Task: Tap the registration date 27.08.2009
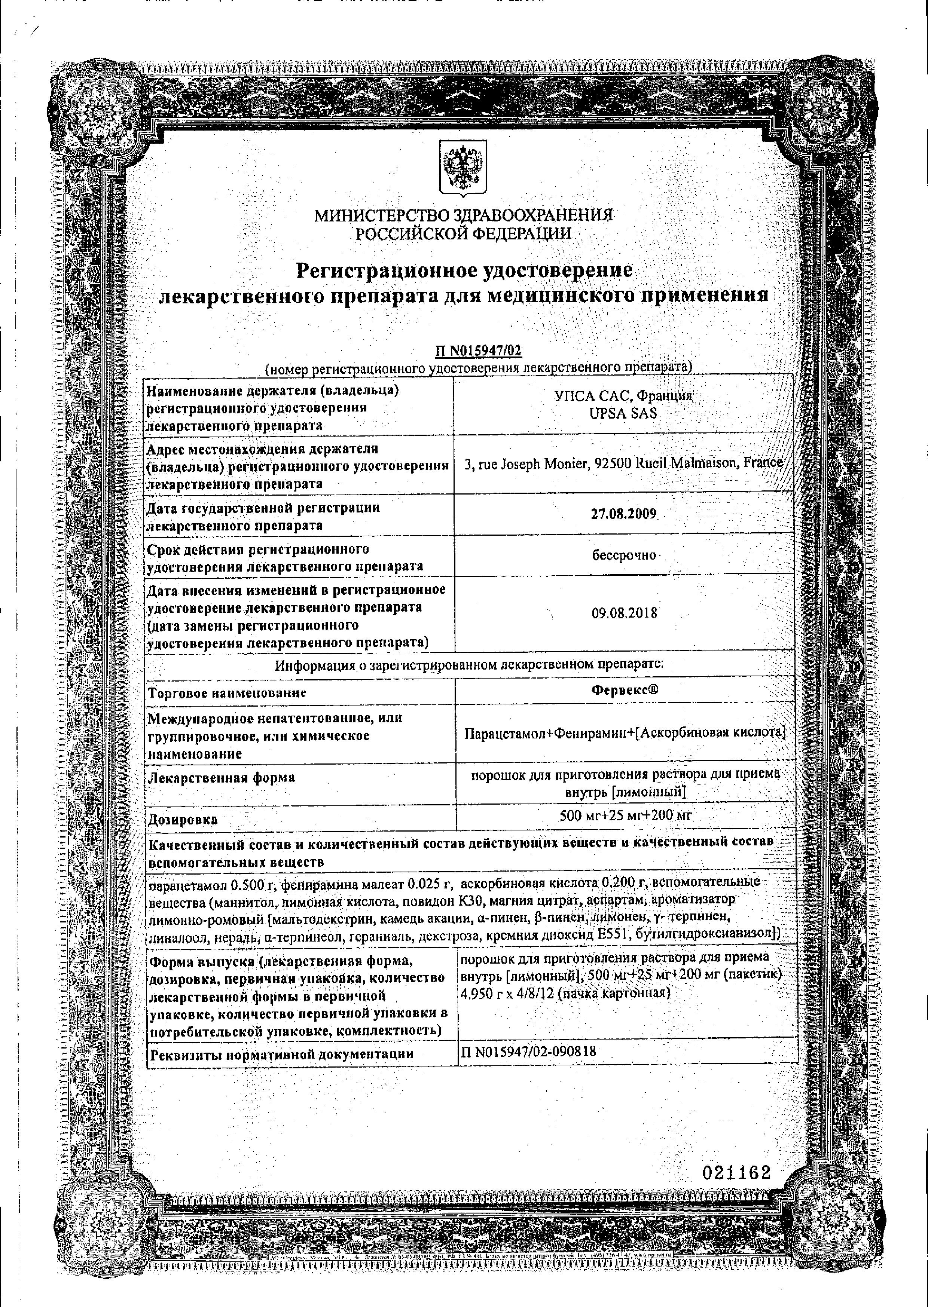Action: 623,514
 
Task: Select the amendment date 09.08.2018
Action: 624,613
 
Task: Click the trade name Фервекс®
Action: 625,690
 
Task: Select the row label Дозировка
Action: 183,820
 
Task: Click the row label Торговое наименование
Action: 228,693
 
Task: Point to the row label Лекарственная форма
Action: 222,777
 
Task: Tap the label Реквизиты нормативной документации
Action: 281,1054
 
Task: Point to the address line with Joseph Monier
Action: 624,463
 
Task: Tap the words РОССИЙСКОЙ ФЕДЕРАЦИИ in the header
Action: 463,233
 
